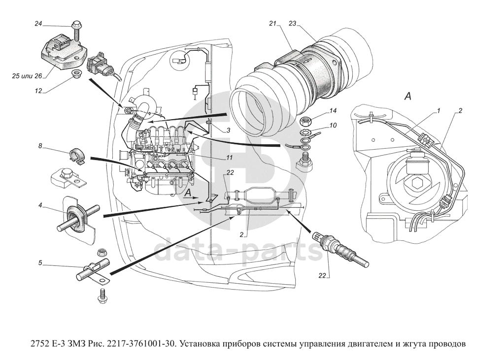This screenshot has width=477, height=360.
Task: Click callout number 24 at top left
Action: click(38, 23)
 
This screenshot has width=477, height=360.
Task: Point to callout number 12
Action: click(38, 90)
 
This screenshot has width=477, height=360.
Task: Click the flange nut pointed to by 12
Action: click(76, 74)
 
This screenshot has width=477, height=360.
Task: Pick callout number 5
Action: click(40, 263)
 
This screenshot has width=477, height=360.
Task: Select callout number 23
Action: click(293, 23)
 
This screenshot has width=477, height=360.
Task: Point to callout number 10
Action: click(333, 126)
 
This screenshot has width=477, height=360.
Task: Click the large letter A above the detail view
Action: click(408, 97)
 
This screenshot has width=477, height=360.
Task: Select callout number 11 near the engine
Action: click(229, 158)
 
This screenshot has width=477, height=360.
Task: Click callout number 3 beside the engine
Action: click(229, 131)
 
